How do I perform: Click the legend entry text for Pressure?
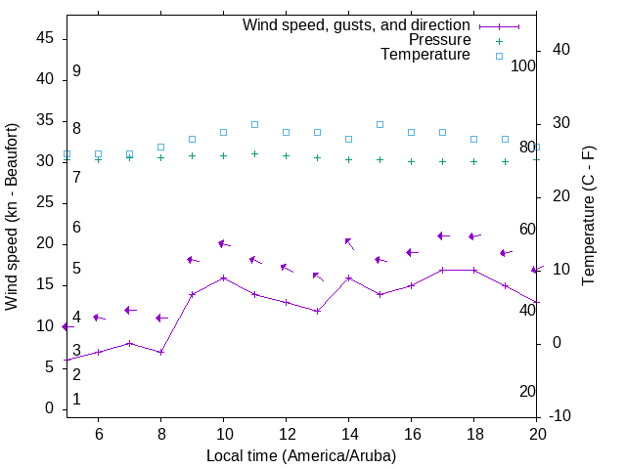(439, 40)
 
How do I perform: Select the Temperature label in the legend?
(425, 55)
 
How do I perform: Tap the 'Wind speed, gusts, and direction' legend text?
(357, 25)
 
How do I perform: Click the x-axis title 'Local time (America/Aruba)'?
(301, 455)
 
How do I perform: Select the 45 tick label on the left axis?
(44, 38)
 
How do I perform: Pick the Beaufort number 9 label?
(76, 71)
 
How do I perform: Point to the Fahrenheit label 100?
(524, 65)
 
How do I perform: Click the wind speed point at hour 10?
(223, 277)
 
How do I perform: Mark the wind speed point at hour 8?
(160, 352)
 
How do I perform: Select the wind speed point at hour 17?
(442, 270)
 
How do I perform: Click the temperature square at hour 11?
(254, 124)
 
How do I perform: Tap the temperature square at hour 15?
(380, 124)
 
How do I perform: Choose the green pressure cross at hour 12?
(286, 155)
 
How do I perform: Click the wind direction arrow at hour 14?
(348, 243)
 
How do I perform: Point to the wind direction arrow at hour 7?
(130, 310)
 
